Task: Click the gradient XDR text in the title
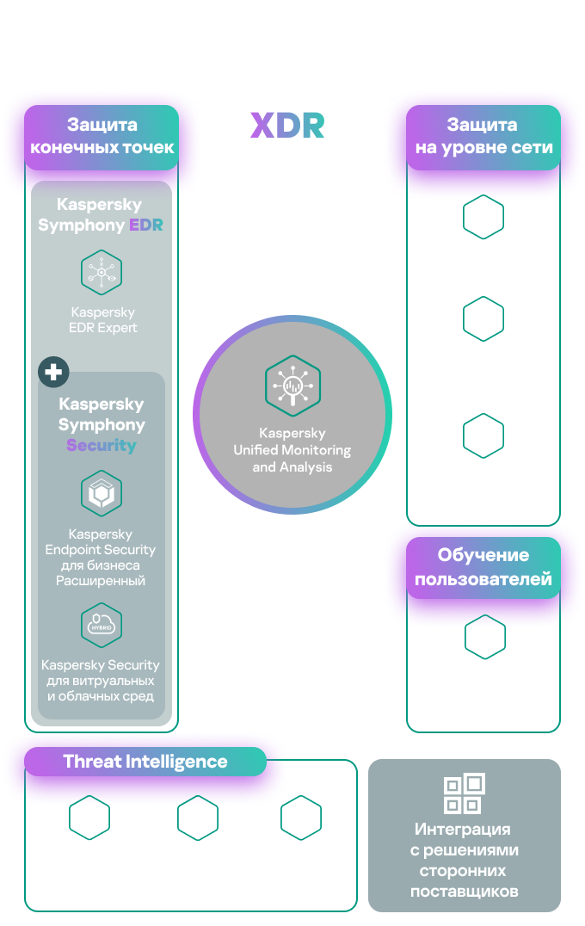[x=287, y=125]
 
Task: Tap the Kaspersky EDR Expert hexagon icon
[x=102, y=273]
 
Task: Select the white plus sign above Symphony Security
[x=54, y=372]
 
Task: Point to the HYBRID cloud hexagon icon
[x=102, y=625]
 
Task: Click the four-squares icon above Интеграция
[x=465, y=793]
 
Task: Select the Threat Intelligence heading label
[x=145, y=762]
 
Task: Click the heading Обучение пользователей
[x=483, y=567]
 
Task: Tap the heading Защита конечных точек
[x=102, y=136]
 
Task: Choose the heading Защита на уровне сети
[x=483, y=136]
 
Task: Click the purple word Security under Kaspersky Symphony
[x=102, y=446]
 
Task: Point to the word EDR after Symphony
[x=146, y=225]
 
